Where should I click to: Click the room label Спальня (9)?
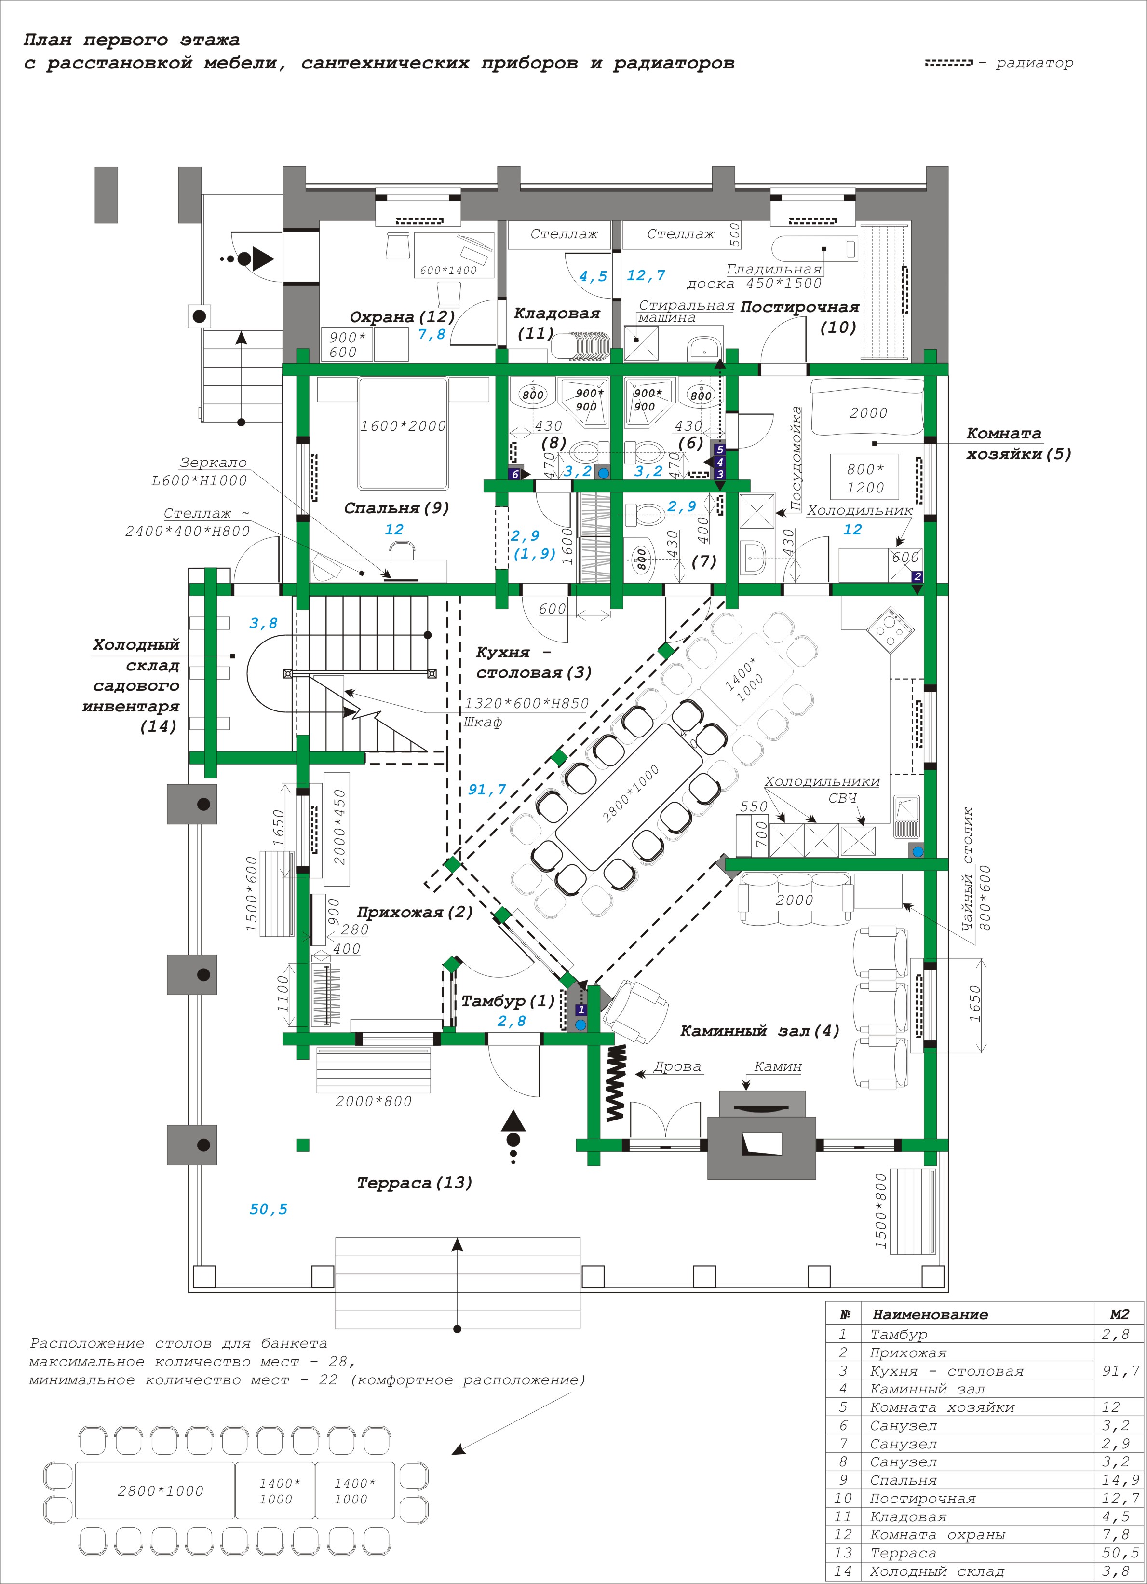396,508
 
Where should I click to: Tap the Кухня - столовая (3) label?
534,662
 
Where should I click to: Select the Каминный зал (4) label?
760,1031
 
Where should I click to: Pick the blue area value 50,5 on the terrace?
269,1209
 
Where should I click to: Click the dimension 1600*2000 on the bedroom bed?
403,425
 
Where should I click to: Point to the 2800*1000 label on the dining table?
631,794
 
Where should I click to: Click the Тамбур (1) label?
508,1001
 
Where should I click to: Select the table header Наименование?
931,1314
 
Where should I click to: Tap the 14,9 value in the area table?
1120,1480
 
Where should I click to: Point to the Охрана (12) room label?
403,316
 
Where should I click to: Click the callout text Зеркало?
214,463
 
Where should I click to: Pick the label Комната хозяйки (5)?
1019,443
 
